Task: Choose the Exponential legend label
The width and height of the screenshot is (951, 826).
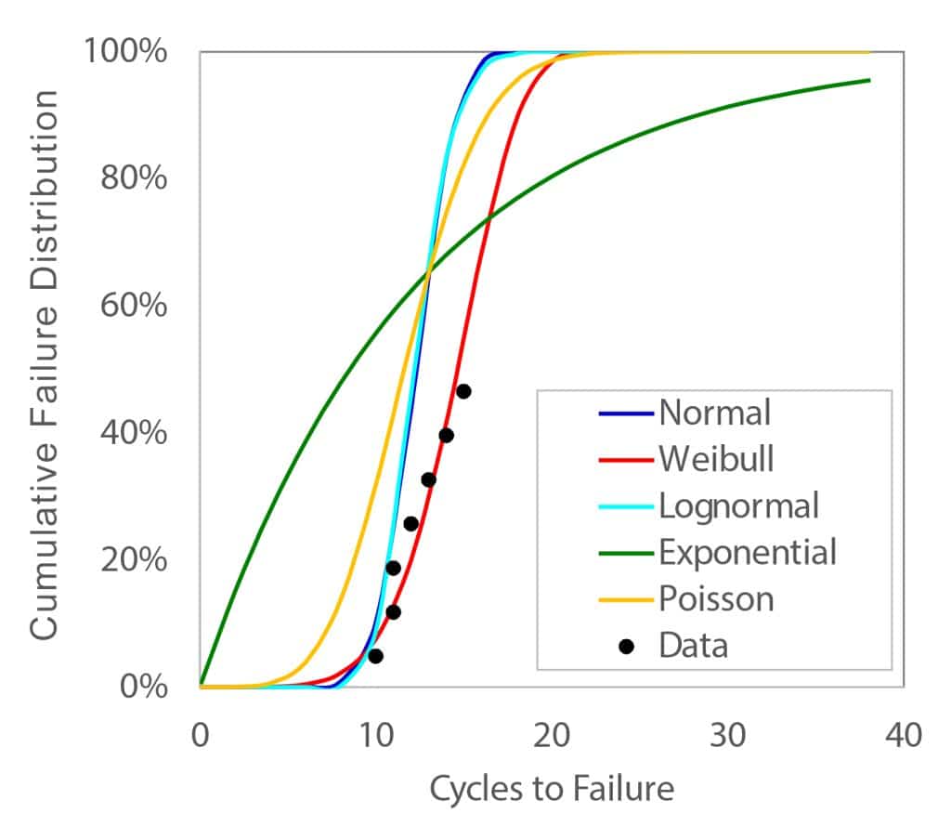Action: point(748,552)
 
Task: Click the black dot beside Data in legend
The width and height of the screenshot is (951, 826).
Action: point(626,646)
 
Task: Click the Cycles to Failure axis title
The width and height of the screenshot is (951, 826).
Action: point(551,790)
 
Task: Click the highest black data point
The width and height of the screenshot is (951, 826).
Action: point(463,391)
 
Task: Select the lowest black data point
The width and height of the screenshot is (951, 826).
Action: point(375,656)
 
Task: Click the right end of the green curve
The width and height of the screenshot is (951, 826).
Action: point(868,80)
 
